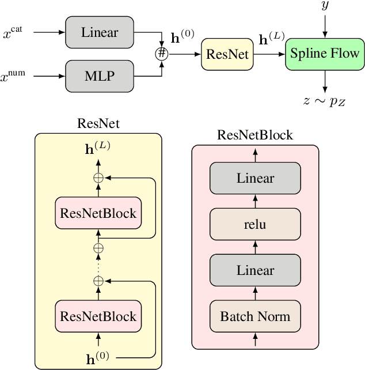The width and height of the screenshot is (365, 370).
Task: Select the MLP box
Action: click(100, 75)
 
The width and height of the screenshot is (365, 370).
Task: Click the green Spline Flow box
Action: click(325, 54)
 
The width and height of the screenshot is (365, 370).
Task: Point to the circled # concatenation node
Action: click(162, 53)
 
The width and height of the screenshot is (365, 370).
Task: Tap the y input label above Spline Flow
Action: click(325, 7)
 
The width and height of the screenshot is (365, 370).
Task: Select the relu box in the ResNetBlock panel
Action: click(255, 224)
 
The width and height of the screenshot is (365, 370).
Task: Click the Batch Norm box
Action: click(255, 316)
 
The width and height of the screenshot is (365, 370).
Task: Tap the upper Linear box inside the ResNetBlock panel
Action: click(255, 178)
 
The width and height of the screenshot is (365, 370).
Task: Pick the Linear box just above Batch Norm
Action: click(255, 270)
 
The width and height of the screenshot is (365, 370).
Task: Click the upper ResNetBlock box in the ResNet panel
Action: click(98, 213)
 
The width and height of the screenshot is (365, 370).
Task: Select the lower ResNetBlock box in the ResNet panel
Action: click(98, 316)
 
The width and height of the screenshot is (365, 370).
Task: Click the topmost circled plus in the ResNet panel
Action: click(98, 179)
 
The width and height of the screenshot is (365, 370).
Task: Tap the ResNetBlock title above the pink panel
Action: click(254, 135)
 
